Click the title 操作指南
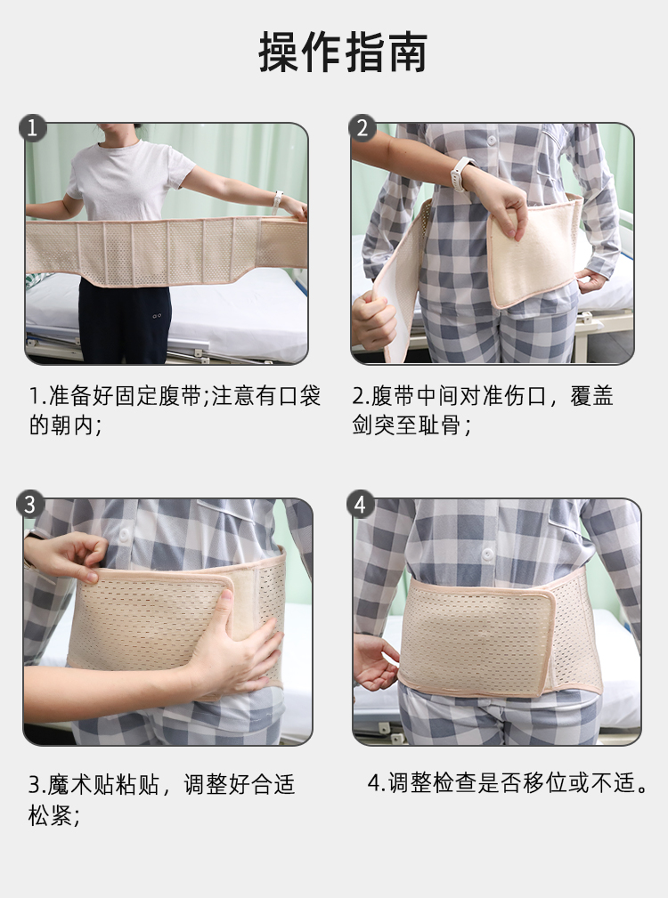pos(343,53)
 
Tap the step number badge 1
pos(33,127)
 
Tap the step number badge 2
pos(363,127)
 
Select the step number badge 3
pos(30,505)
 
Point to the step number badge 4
pos(360,505)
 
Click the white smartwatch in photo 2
pos(462,174)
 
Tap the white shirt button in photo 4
pos(487,554)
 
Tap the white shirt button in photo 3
pos(124,536)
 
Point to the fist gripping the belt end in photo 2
pos(373,319)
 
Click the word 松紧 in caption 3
pos(51,815)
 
